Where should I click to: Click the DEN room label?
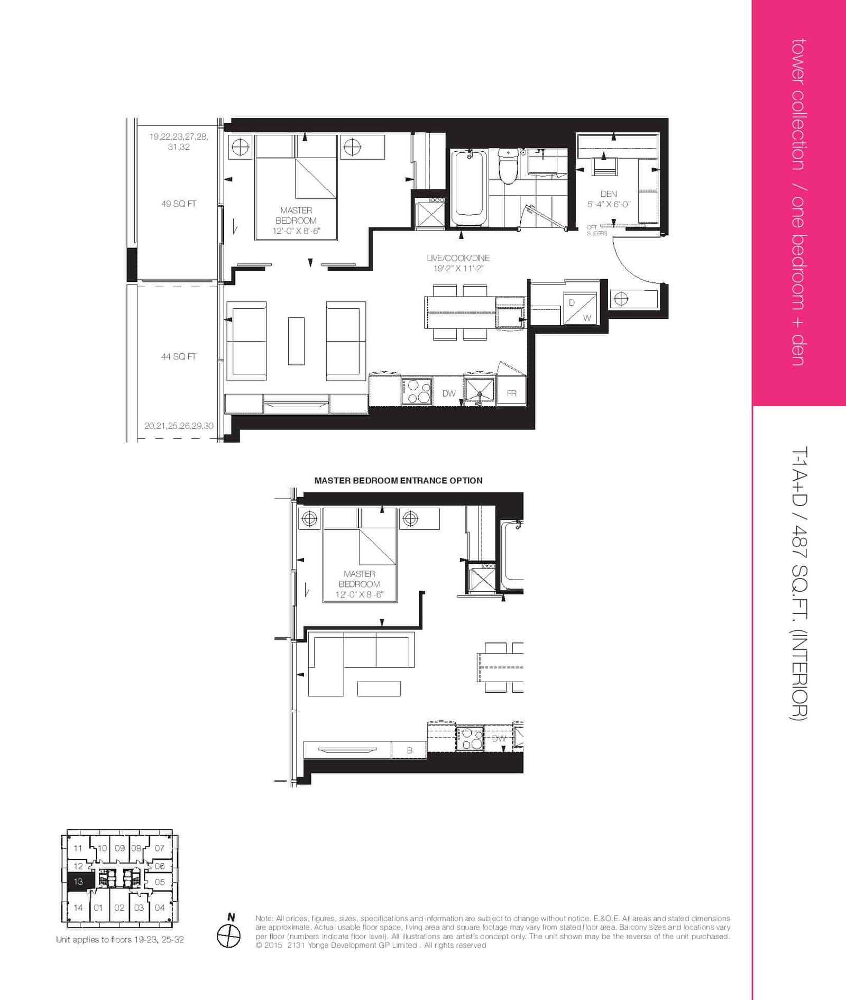point(609,194)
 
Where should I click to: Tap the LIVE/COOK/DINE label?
point(458,258)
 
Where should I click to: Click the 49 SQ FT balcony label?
point(179,204)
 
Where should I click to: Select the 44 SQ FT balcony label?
point(179,356)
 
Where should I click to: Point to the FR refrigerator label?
point(511,393)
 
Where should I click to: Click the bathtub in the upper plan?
point(468,188)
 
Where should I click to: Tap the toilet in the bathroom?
point(508,166)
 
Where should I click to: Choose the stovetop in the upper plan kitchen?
point(417,392)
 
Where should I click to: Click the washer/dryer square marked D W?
point(580,308)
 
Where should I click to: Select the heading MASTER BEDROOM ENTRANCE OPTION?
point(398,481)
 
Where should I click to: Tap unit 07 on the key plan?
point(160,848)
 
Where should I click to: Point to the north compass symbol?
point(229,935)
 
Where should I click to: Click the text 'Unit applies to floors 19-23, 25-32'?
point(120,940)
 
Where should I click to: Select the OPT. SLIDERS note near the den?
point(597,230)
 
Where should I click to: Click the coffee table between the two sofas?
point(296,341)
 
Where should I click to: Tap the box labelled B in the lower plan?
point(409,750)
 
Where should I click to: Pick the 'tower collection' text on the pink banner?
point(798,105)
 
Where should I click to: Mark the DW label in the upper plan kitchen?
point(449,393)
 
